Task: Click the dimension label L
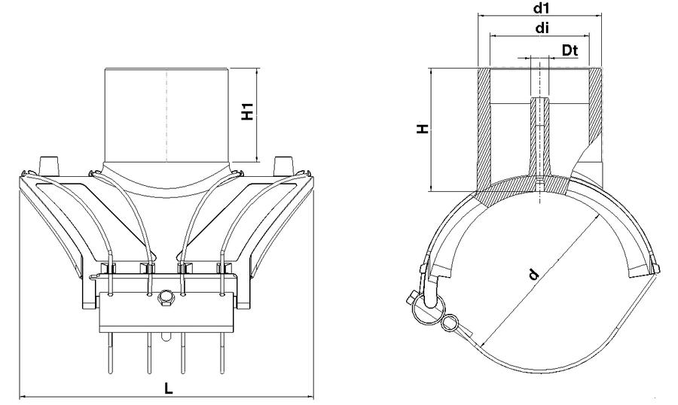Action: [x=169, y=388]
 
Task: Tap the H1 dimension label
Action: [x=247, y=111]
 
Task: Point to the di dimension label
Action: [x=542, y=28]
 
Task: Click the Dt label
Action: [x=570, y=50]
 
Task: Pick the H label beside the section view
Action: [x=423, y=129]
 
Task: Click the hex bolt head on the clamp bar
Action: [x=165, y=298]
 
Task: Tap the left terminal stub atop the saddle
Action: [x=48, y=166]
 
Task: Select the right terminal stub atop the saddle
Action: [x=285, y=166]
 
